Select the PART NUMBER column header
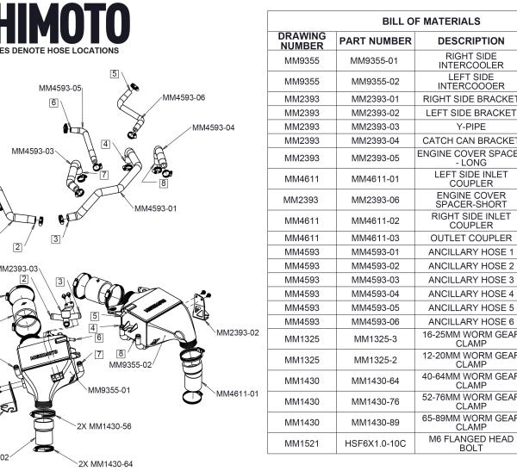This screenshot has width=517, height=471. pos(375,40)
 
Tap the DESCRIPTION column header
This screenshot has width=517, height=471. pos(470,40)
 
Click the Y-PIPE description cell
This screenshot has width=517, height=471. pos(470,127)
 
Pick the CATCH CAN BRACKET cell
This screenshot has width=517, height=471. pos(470,140)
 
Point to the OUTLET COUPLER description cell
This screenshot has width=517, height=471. pos(470,238)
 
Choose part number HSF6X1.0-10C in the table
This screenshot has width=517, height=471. pos(375,443)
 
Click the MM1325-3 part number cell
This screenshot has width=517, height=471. pos(375,336)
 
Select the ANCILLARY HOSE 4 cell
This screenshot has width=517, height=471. pos(470,294)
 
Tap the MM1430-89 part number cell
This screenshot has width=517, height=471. pos(375,422)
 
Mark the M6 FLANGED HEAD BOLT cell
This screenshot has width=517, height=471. pos(470,443)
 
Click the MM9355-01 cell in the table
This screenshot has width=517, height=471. pos(375,60)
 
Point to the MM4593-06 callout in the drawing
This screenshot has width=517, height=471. pos(184,97)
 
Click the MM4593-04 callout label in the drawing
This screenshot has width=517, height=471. pos(213,127)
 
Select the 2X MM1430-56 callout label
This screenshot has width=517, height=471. pos(104,425)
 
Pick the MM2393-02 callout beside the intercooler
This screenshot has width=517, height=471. pos(237,332)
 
